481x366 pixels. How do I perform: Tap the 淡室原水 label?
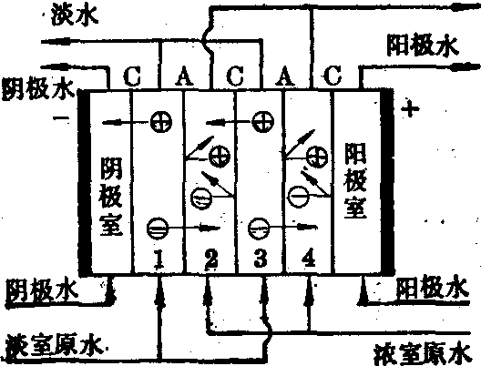point(55,347)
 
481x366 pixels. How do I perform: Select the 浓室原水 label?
point(424,355)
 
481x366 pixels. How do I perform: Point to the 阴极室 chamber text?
point(111,197)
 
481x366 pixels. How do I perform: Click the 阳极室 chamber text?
point(355,180)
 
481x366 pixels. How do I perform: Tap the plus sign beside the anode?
point(411,108)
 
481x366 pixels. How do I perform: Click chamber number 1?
point(159,259)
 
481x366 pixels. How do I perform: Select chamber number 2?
point(211,259)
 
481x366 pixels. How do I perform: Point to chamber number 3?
point(261,258)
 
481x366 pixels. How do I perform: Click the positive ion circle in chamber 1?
point(161,122)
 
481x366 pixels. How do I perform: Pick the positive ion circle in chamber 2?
point(220,157)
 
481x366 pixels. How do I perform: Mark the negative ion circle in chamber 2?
point(201,198)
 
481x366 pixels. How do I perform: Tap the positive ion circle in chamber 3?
point(263,121)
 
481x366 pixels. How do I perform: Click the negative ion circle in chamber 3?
point(259,229)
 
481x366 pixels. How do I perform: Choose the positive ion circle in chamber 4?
point(318,157)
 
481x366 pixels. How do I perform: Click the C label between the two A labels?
point(235,76)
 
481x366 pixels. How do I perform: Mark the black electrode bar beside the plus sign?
point(387,181)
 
